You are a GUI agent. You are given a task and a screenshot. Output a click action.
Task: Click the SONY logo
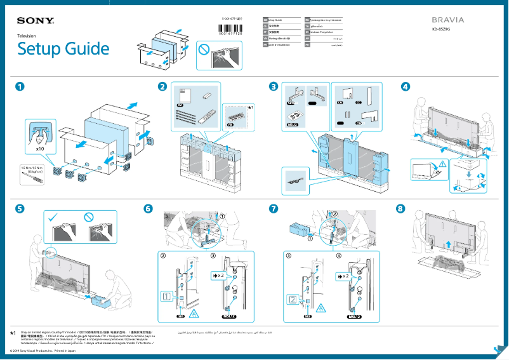36,21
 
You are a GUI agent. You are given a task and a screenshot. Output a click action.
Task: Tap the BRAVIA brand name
448,20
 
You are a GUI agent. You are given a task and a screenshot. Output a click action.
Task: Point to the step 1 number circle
21,86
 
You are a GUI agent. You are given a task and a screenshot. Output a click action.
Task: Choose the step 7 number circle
274,209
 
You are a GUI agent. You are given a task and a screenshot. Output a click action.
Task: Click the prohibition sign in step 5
88,218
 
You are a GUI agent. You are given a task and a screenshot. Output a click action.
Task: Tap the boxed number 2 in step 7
293,298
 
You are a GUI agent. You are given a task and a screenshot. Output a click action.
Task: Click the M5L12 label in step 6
228,316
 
